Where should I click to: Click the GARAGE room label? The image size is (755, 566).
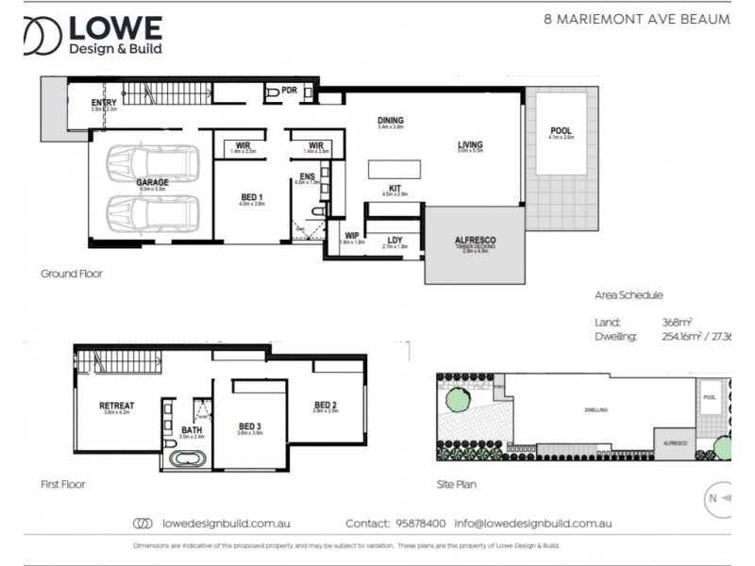coord(151,182)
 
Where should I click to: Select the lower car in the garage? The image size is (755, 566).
coord(153,213)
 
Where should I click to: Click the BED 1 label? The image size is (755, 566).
coord(252,197)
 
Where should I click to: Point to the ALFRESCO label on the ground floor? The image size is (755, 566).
coord(475,241)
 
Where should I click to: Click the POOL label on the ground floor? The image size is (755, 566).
coord(562,130)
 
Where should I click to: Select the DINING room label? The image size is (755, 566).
coord(391,121)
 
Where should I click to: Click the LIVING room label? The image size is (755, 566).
coord(470,145)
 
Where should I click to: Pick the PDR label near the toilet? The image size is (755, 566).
coord(289,92)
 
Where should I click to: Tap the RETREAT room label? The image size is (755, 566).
coord(116,407)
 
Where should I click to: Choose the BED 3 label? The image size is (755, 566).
coord(249,425)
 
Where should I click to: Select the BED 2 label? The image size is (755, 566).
coord(326,406)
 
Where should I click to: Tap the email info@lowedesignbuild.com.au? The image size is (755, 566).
coord(534,523)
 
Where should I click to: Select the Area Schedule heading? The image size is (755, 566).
coord(629,294)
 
